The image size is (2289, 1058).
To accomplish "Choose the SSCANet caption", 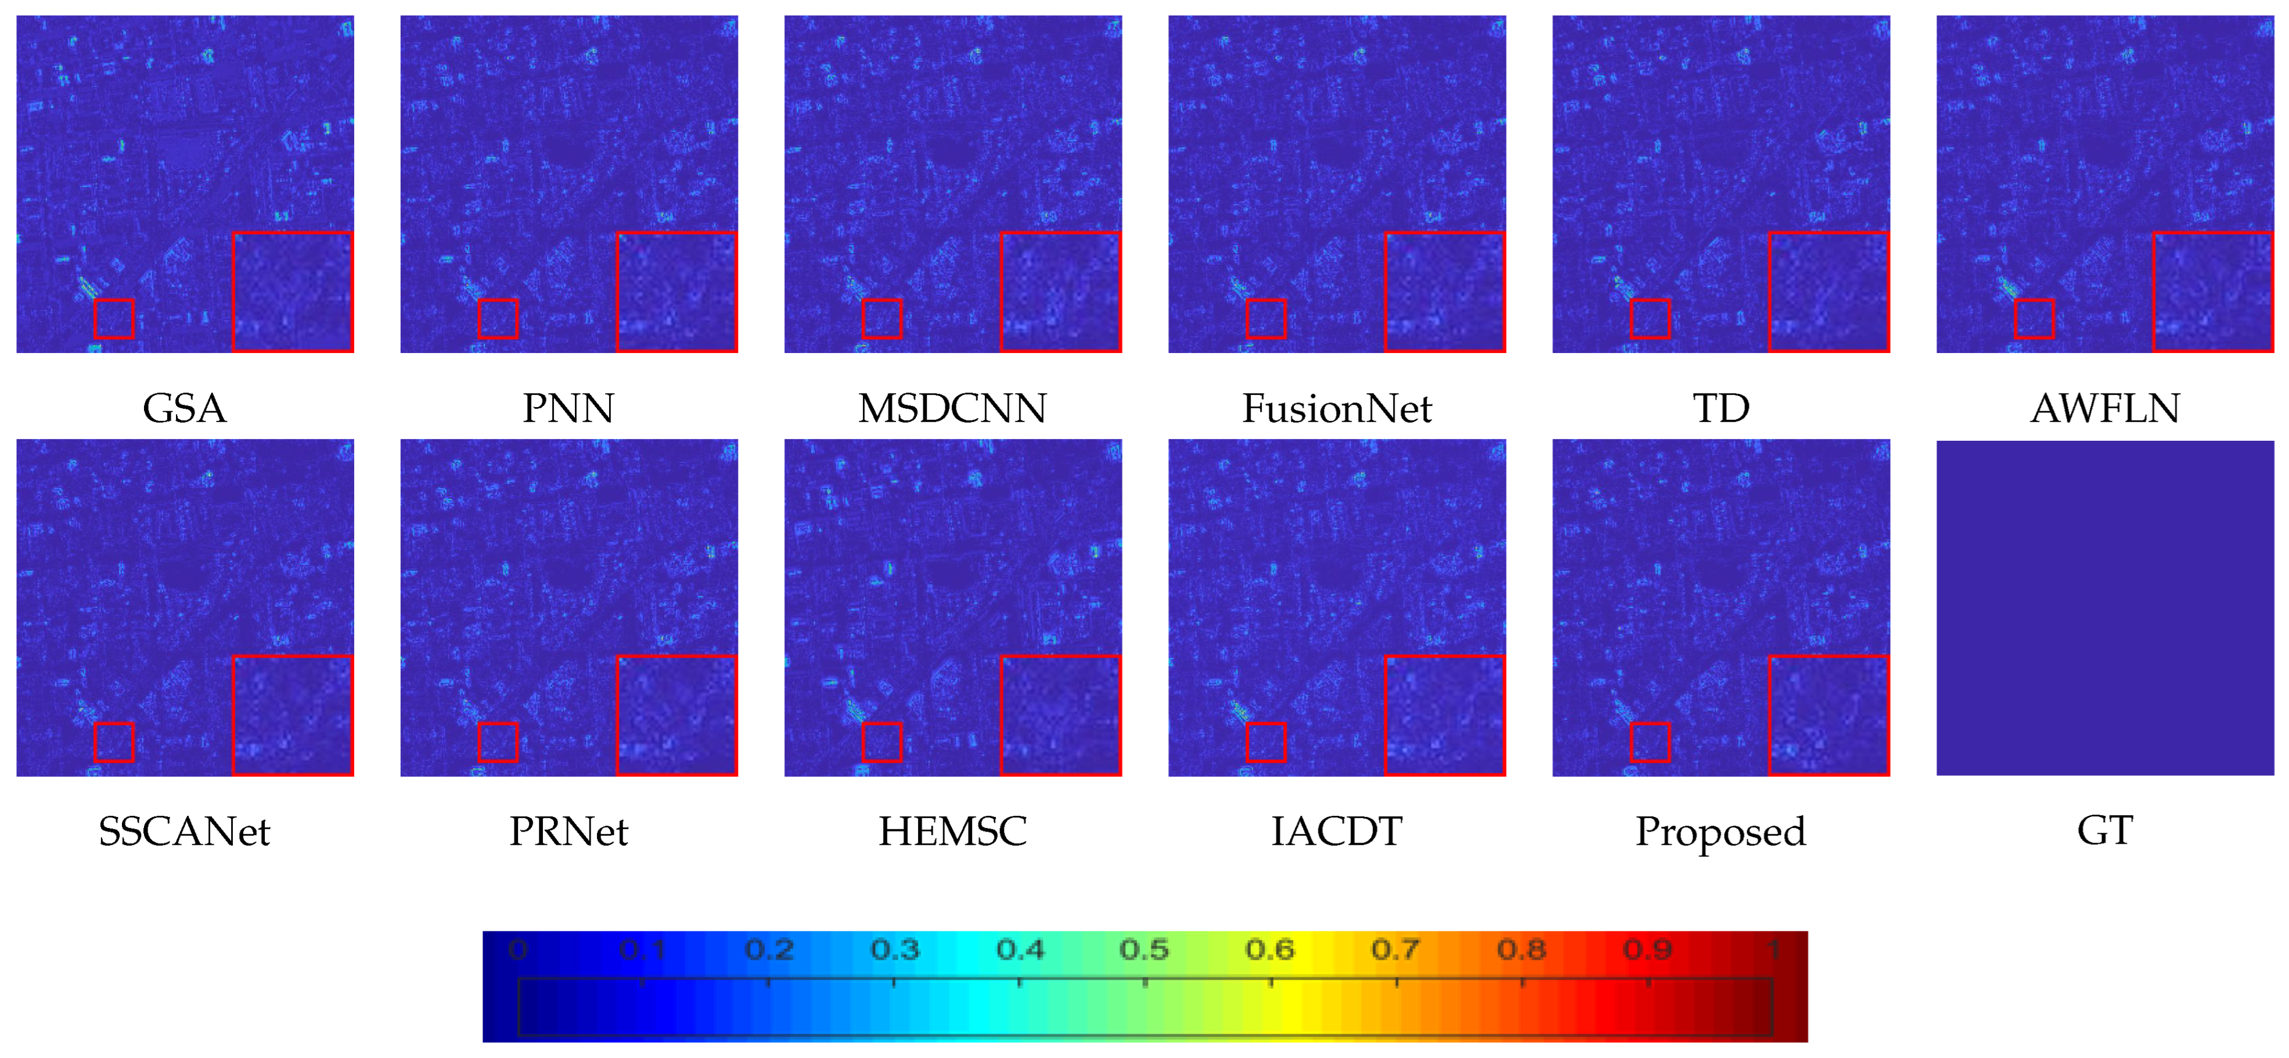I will [185, 832].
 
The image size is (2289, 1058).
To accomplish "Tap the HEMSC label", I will [952, 832].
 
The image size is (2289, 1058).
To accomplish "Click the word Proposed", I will [1721, 832].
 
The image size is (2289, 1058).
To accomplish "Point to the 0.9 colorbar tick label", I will [1647, 949].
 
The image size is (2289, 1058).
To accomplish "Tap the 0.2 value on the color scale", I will [769, 949].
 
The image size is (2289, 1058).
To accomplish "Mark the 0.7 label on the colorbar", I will [1395, 949].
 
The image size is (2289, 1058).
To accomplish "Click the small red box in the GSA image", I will [114, 318].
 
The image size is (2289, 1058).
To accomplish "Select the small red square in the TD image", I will [1650, 318].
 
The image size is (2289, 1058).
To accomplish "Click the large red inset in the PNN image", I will [677, 292].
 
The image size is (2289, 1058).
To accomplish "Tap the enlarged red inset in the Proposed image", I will [1829, 715].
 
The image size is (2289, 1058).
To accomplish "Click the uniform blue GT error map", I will [2105, 607].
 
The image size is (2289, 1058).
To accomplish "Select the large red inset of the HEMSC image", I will [1061, 715].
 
